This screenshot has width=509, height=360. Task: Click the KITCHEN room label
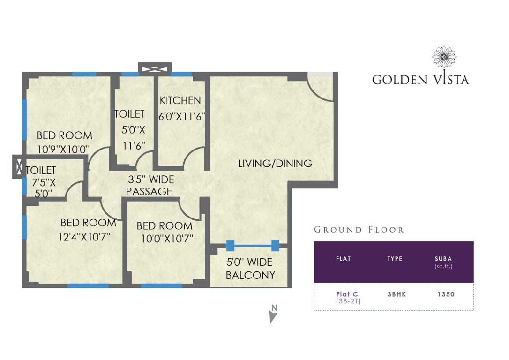click(180, 100)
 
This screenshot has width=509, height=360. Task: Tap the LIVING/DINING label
click(275, 164)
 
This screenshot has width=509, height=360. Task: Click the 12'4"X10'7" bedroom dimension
click(84, 237)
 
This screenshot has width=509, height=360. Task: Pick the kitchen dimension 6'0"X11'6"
click(182, 115)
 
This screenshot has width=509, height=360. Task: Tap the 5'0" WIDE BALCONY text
click(250, 268)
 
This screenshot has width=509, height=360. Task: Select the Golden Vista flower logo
click(443, 57)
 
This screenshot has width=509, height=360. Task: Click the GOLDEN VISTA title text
click(420, 79)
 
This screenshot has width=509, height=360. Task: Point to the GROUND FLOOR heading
click(359, 230)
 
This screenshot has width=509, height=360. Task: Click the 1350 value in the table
click(445, 294)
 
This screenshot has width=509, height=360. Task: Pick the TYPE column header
click(395, 259)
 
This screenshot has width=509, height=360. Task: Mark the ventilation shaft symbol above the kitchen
click(155, 68)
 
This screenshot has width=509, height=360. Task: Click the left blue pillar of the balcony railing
click(230, 245)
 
